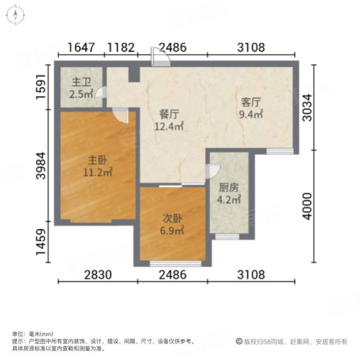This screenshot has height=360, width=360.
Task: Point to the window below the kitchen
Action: pos(227,237)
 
